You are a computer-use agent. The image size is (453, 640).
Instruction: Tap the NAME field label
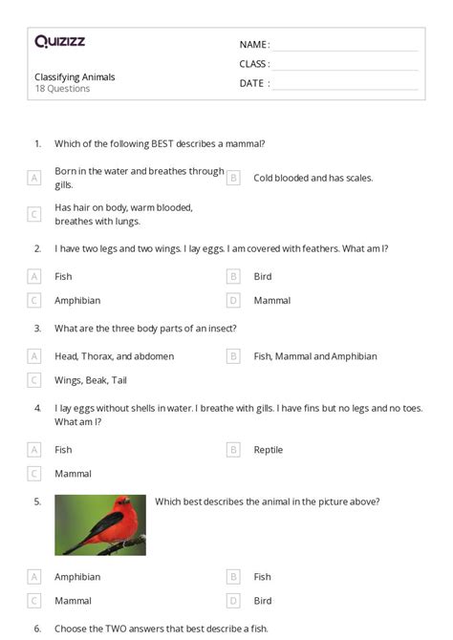point(253,45)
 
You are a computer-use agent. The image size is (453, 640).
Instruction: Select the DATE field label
point(252,83)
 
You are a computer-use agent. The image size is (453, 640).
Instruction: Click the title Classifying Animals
point(75,76)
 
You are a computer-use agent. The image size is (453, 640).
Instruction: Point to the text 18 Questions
point(62,89)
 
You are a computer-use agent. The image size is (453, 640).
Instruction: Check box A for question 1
point(34,178)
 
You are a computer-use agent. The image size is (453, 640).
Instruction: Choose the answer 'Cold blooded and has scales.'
point(313,178)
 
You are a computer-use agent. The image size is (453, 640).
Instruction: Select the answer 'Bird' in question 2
point(263,276)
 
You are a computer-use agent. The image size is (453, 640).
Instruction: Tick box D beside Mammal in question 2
point(232,300)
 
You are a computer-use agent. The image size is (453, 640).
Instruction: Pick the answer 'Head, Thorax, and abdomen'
point(114,356)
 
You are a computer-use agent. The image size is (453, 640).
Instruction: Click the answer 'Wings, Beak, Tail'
point(91,380)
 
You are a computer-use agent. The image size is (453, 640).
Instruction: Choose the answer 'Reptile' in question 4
point(268,450)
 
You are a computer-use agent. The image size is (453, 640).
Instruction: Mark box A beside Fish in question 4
point(34,450)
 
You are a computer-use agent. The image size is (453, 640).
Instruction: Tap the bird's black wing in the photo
point(99,528)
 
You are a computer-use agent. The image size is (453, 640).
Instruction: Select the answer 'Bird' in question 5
point(263,601)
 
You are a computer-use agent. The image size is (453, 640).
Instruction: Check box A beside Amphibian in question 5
point(34,577)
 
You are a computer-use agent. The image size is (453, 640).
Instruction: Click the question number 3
point(37,329)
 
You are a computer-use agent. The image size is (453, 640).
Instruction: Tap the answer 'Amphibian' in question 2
point(77,300)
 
